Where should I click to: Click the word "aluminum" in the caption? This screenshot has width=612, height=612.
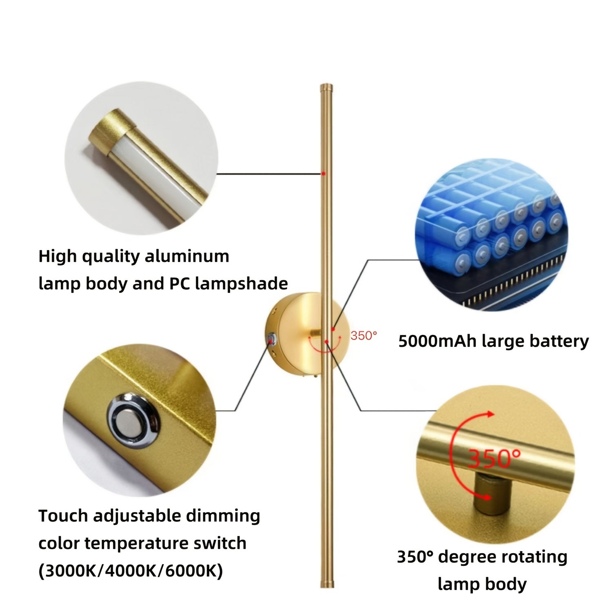pyautogui.click(x=187, y=257)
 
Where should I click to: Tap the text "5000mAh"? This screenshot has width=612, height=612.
pyautogui.click(x=437, y=341)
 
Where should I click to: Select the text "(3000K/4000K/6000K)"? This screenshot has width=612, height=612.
pyautogui.click(x=131, y=570)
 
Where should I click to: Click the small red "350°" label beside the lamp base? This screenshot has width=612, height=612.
pyautogui.click(x=364, y=335)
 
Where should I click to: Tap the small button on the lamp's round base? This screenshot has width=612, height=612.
pyautogui.click(x=271, y=338)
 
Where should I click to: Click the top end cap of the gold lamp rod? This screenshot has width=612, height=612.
pyautogui.click(x=326, y=87)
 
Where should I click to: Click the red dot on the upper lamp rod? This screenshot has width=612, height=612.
pyautogui.click(x=323, y=173)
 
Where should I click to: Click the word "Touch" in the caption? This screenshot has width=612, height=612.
pyautogui.click(x=64, y=516)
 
